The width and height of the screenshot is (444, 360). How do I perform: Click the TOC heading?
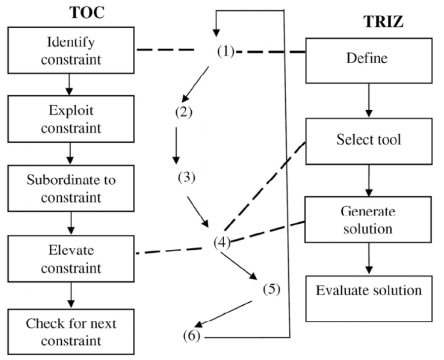click(87, 12)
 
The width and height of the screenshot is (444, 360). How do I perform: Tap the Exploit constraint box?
click(71, 119)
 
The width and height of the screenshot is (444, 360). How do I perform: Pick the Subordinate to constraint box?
click(71, 189)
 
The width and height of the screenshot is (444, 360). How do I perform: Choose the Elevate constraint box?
click(71, 259)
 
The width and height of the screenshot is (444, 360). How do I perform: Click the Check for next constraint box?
click(71, 331)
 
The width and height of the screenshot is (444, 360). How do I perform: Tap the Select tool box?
click(368, 141)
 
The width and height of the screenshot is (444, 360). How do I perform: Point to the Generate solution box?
click(368, 220)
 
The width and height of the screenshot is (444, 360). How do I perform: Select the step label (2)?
click(184, 112)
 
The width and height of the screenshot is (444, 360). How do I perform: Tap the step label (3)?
click(187, 177)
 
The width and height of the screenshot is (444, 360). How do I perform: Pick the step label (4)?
click(222, 242)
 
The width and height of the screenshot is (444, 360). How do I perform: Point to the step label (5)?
click(271, 289)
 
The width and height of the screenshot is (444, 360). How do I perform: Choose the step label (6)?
click(192, 337)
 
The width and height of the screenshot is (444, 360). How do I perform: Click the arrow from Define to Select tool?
click(368, 100)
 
